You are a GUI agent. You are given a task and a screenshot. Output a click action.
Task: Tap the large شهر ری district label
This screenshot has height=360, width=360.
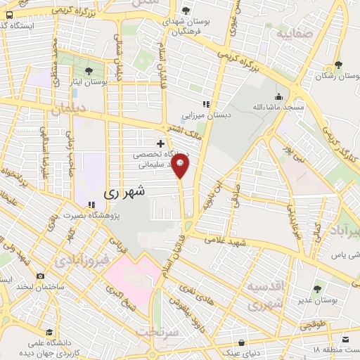[124, 191]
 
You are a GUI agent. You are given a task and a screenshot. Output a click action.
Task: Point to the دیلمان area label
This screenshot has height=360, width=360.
[67, 110]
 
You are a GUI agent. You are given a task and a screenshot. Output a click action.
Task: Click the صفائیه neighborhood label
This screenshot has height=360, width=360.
[294, 33]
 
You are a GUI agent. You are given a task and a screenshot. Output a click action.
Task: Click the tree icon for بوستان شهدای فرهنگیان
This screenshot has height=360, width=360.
[186, 10]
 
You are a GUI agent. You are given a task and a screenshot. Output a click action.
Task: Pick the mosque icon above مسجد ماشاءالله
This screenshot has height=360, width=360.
[279, 96]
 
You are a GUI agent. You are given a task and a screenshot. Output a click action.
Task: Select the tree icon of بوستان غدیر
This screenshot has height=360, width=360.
[317, 288]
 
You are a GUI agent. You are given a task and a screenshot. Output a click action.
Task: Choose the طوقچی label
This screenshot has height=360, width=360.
[313, 325]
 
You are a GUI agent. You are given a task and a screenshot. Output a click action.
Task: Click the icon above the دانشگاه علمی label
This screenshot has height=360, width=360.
[49, 332]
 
